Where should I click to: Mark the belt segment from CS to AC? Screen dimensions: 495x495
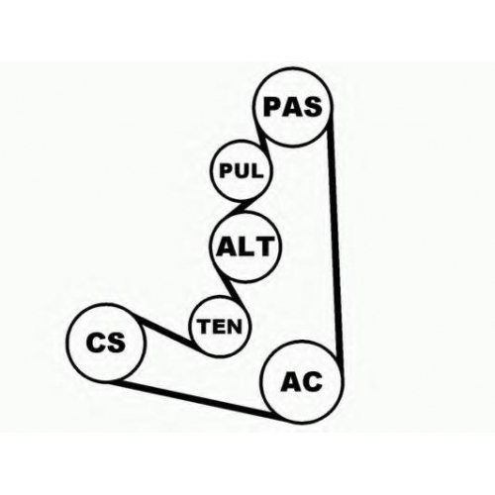195,398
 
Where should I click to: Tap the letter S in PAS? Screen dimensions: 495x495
313,107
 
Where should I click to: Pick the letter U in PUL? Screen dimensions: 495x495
242,171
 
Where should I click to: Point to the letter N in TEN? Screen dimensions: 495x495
234,327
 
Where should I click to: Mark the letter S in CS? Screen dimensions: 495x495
116,342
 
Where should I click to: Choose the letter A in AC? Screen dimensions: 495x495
290,382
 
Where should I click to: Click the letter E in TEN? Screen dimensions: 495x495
219,327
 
